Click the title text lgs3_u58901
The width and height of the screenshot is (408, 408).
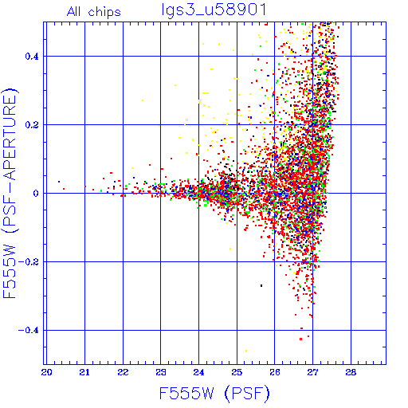214,10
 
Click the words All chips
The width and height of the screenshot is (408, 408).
94,12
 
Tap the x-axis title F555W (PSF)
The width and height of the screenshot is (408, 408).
214,393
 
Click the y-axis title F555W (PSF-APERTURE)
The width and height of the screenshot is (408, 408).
10,193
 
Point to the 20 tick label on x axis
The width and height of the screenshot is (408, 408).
47,372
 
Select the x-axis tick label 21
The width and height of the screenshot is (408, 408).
84,372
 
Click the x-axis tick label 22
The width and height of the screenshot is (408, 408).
123,372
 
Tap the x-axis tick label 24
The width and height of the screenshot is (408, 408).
198,372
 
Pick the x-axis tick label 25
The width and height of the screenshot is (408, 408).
237,372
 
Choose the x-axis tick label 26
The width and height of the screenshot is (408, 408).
275,372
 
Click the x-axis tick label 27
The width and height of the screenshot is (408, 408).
312,372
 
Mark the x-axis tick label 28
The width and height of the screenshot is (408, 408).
351,372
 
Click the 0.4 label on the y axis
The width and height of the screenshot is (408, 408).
32,57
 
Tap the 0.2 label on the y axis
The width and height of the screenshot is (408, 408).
32,125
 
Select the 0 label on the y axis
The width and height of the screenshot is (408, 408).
36,194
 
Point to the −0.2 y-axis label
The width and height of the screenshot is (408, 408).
29,262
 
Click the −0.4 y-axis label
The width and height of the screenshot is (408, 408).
29,331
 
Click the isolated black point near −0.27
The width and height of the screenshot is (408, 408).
261,285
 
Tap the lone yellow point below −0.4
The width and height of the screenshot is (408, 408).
246,351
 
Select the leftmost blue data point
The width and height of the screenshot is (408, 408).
59,182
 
